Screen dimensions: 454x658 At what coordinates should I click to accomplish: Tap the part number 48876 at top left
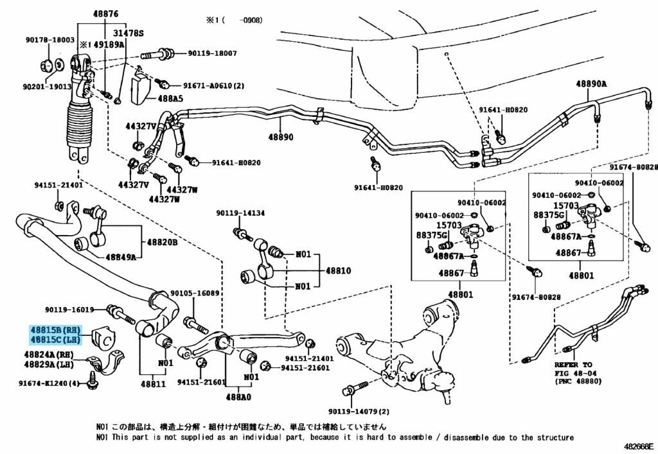90,13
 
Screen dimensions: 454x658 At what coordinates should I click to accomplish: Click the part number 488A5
170,100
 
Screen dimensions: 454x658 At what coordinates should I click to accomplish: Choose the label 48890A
591,84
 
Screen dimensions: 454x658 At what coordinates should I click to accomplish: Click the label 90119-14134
240,213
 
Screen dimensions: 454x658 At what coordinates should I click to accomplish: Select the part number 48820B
162,242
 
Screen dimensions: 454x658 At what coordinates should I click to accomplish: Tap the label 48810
338,271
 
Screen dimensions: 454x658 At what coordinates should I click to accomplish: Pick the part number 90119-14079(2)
359,411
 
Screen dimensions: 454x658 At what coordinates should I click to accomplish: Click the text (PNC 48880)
580,381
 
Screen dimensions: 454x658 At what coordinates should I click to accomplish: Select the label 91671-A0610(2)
213,85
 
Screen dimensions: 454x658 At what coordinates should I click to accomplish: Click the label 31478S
129,33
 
